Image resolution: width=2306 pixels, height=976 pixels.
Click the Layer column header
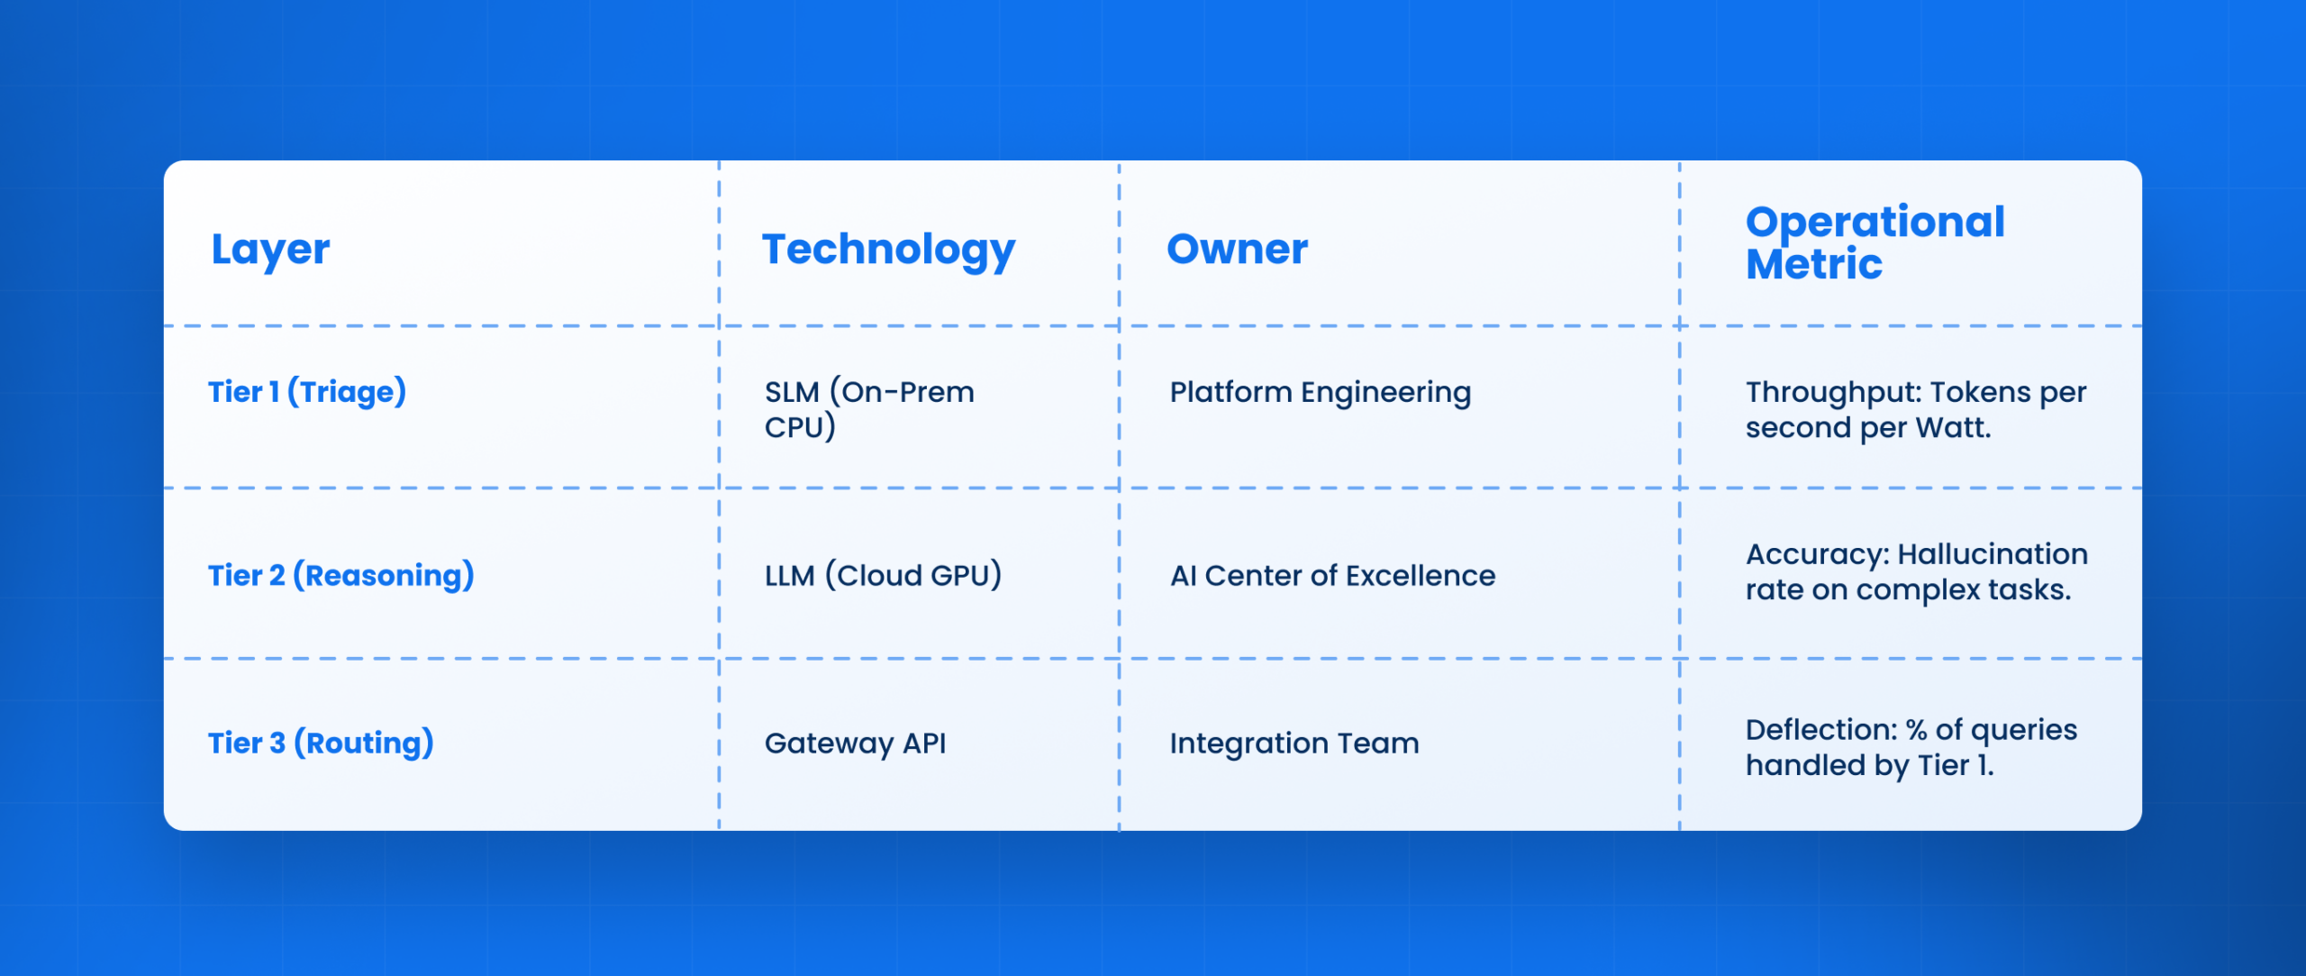point(270,250)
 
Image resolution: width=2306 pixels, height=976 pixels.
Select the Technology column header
point(888,250)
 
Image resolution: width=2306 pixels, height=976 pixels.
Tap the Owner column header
point(1237,249)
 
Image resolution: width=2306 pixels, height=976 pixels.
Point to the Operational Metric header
point(1875,242)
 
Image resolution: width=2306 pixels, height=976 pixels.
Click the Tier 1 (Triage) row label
point(307,392)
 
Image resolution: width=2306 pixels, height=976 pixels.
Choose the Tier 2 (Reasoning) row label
point(341,575)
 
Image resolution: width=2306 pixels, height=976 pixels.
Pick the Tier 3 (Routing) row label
point(321,743)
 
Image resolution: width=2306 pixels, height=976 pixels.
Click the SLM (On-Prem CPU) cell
point(869,409)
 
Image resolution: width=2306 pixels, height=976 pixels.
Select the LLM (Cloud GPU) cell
point(883,575)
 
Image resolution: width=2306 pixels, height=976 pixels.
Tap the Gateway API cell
point(855,743)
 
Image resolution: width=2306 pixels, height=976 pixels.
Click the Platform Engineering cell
point(1320,392)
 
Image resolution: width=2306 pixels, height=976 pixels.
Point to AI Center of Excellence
point(1332,575)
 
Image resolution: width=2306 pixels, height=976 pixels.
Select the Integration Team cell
point(1294,743)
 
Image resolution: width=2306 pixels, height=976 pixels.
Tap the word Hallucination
point(1993,553)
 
